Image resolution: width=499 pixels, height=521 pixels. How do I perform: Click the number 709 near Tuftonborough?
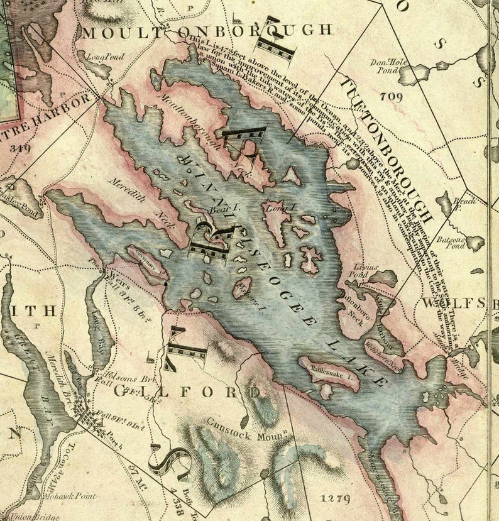390,96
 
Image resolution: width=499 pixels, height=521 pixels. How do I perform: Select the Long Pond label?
105,57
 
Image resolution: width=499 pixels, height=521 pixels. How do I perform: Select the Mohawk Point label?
71,496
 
